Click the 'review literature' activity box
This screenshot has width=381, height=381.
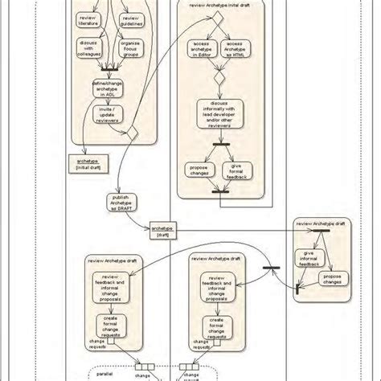[87, 21]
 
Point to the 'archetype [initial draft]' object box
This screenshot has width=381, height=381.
[84, 163]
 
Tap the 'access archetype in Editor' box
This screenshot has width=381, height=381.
[201, 48]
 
